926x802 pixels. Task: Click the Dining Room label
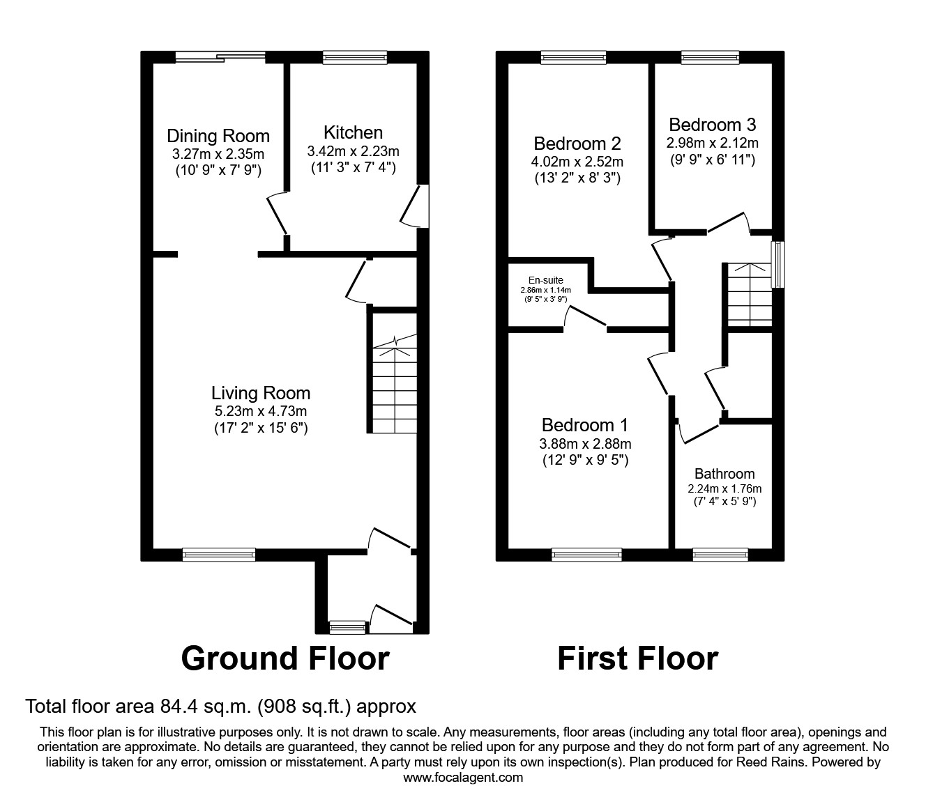click(x=218, y=136)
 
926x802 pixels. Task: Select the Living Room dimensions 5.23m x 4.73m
click(x=261, y=411)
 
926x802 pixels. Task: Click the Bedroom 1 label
click(x=585, y=425)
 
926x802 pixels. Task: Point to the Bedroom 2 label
click(x=577, y=144)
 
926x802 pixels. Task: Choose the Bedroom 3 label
click(x=712, y=125)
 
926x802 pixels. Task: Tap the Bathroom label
click(x=724, y=474)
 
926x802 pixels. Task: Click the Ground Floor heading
click(x=284, y=658)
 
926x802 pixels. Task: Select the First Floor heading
click(x=637, y=658)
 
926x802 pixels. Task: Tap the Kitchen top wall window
click(x=355, y=58)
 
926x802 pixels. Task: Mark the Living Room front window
click(x=218, y=554)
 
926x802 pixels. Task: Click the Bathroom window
click(x=720, y=554)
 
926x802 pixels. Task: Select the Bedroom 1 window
click(x=586, y=554)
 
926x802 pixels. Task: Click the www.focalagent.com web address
click(x=463, y=778)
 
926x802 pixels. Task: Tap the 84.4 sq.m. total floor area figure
click(x=204, y=707)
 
